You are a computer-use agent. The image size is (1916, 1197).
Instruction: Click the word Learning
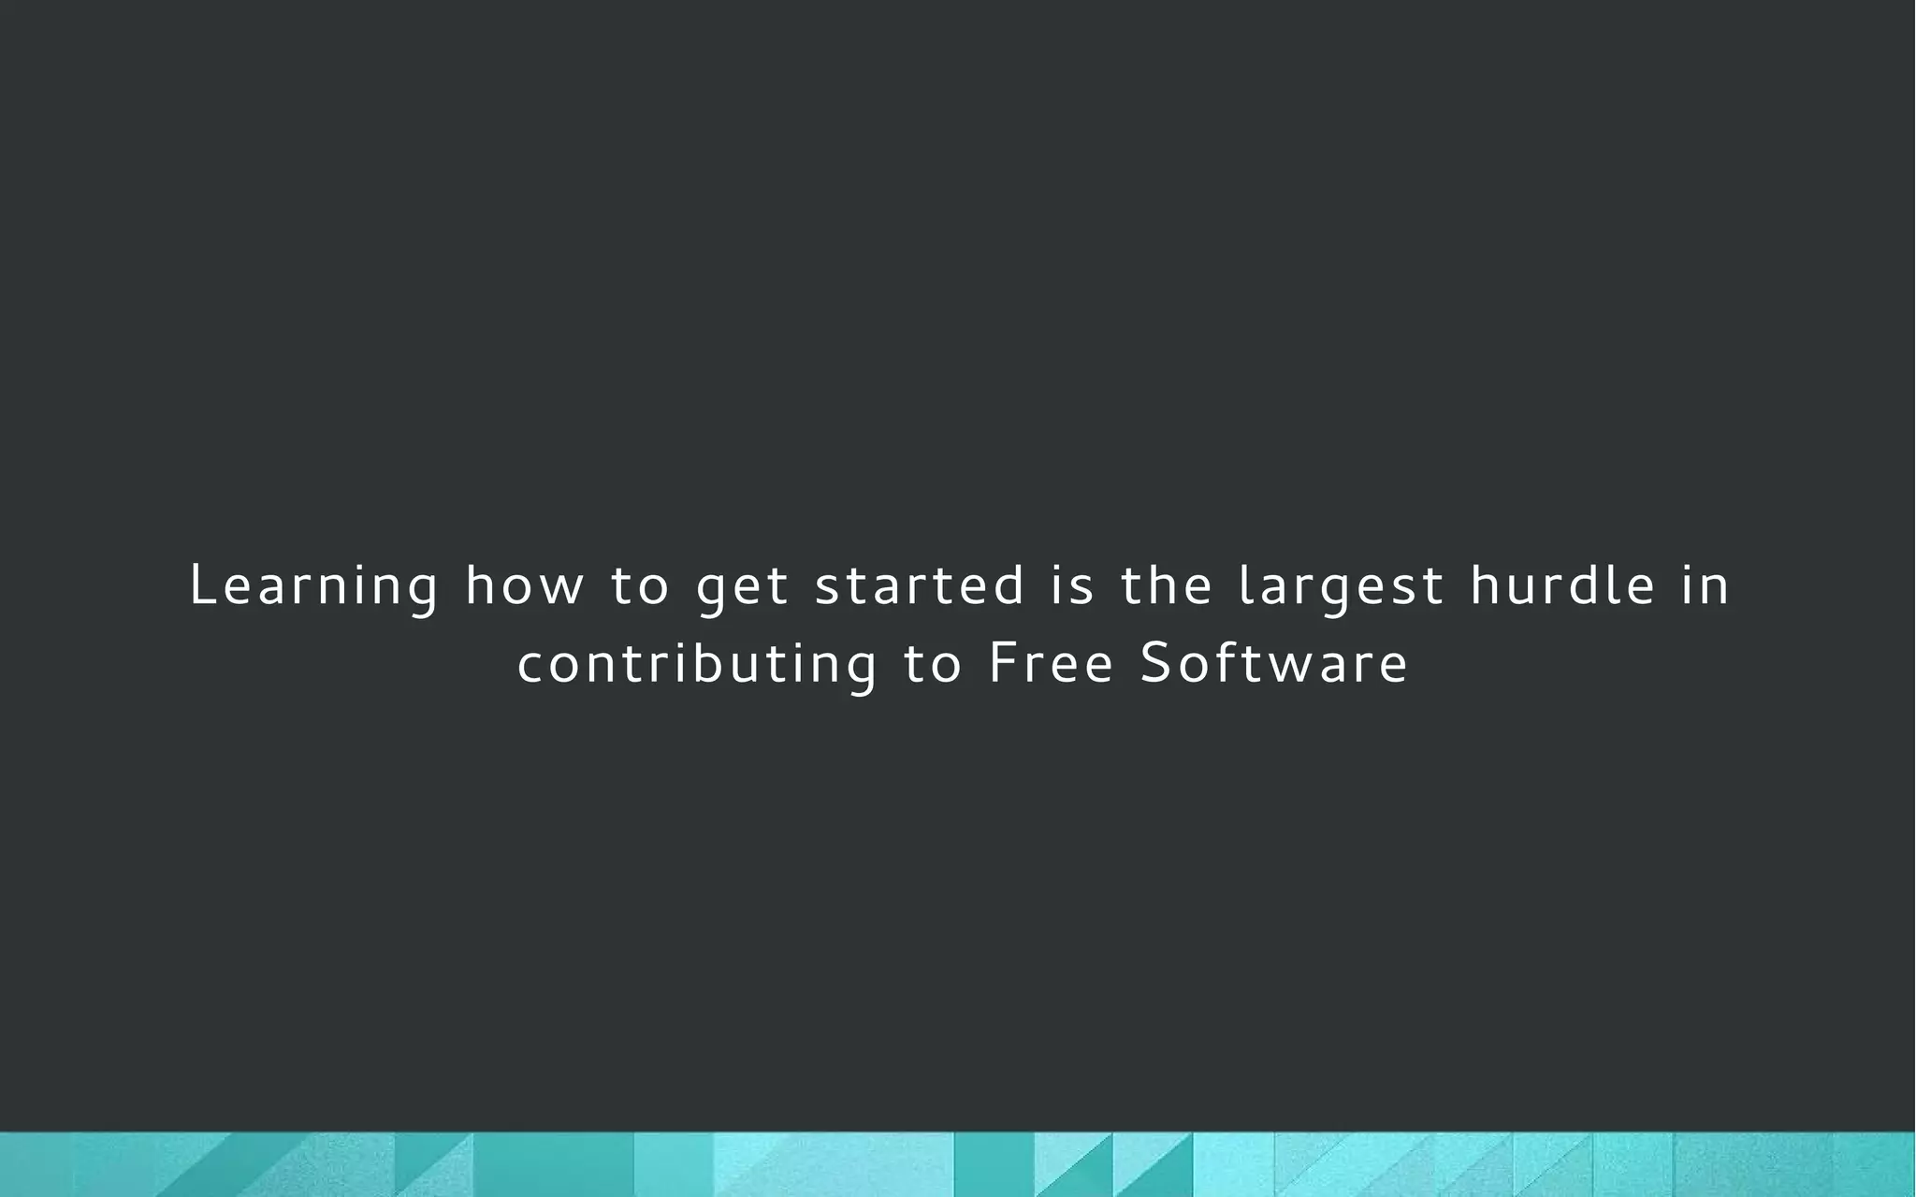(x=313, y=587)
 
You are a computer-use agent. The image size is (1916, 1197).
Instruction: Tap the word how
(x=524, y=585)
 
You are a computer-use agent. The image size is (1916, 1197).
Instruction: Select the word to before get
(x=640, y=585)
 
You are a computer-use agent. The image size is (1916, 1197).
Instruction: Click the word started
(x=920, y=585)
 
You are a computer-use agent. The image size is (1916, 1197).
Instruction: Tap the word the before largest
(x=1166, y=585)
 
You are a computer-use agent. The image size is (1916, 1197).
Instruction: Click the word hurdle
(x=1562, y=585)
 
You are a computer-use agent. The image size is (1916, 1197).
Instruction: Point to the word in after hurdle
(x=1706, y=585)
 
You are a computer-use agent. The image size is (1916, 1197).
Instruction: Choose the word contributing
(x=697, y=665)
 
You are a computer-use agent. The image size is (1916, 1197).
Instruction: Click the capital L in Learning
(x=201, y=585)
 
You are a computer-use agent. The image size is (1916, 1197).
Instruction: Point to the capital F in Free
(x=1001, y=663)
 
